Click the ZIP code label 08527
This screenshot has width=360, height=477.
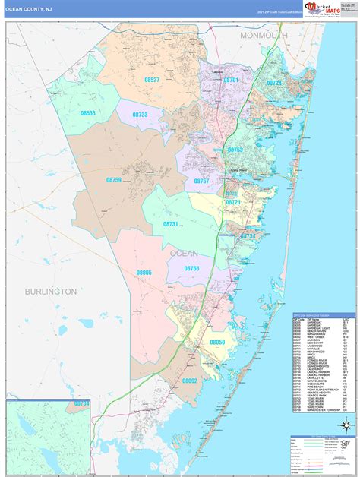tap(151, 80)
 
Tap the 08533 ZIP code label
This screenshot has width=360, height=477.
tap(88, 113)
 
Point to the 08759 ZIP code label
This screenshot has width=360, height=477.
tap(113, 180)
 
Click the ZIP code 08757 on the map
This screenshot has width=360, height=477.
tap(201, 182)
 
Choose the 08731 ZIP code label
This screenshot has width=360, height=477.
tap(170, 224)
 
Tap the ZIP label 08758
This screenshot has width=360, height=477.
tap(191, 269)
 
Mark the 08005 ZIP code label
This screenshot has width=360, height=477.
tap(144, 272)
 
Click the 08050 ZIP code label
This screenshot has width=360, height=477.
tap(218, 343)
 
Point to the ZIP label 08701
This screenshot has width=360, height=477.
tap(232, 80)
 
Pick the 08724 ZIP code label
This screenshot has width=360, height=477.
tap(274, 83)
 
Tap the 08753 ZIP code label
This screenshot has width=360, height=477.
tap(235, 150)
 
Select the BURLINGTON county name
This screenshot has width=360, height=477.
tap(50, 291)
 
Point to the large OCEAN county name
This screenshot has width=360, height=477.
tap(184, 253)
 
